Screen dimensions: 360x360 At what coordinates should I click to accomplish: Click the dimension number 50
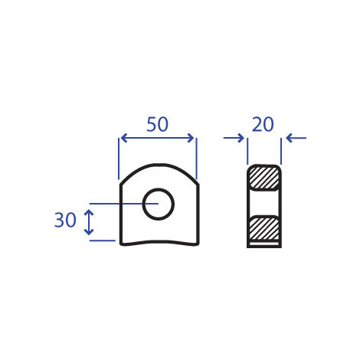coord(157,124)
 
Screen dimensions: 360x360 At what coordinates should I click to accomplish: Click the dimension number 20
coord(263,124)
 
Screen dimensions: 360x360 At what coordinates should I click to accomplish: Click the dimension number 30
coord(65,220)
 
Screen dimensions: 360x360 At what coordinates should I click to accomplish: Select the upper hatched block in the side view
coord(264,178)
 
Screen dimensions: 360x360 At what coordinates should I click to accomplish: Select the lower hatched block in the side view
coord(264,228)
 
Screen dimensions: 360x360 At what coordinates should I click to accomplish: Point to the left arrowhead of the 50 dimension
coord(124,138)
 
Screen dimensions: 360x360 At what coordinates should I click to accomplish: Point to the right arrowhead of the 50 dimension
coord(191,138)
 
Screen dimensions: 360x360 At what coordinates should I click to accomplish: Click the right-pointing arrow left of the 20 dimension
coord(234,138)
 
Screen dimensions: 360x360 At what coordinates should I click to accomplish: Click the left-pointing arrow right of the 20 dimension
coord(296,138)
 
